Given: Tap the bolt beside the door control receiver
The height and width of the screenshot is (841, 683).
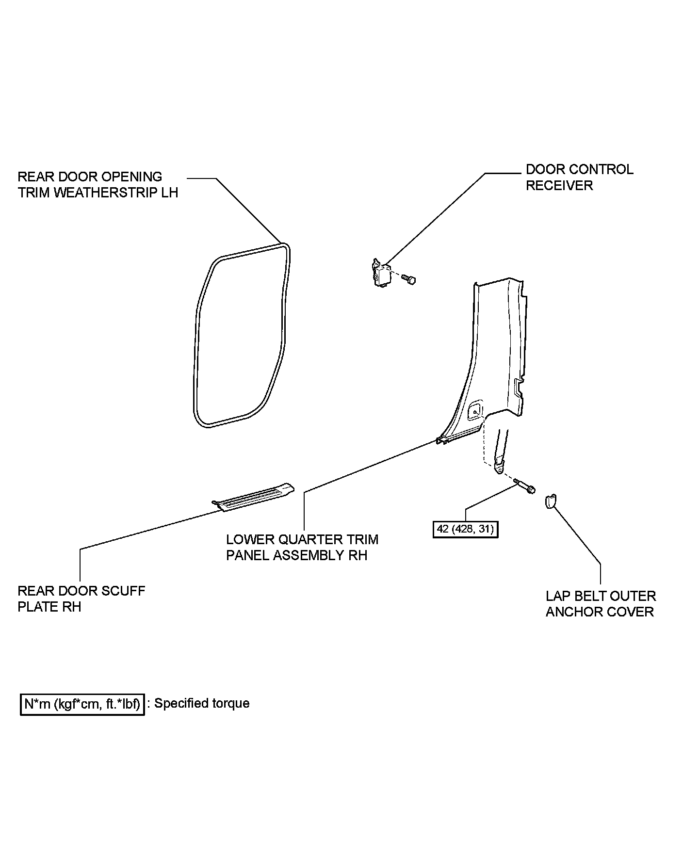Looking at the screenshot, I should [410, 279].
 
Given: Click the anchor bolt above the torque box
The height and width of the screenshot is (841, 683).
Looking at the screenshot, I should [525, 486].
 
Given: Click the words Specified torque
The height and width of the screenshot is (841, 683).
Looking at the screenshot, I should [202, 703].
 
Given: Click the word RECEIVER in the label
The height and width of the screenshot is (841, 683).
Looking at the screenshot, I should [559, 185].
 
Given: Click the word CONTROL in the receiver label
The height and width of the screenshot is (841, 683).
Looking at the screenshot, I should [600, 169].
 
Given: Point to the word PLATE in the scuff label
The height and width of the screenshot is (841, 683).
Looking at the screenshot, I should [39, 607].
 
